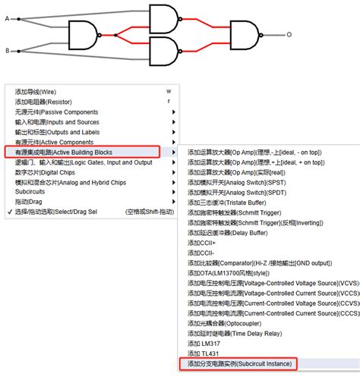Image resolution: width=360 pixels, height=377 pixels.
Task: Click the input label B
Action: (8, 51)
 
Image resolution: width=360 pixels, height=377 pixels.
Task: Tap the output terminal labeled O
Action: (288, 35)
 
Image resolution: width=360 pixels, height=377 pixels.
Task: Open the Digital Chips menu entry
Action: (46, 172)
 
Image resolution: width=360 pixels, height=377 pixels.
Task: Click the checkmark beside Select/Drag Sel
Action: (8, 212)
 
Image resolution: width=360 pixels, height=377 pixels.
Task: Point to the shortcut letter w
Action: (169, 91)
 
